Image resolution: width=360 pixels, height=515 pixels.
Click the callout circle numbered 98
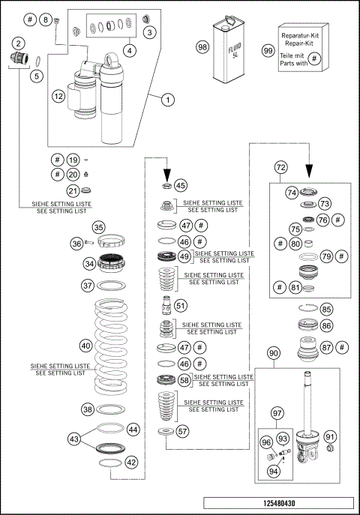pos(202,47)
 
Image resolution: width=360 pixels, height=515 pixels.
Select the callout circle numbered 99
pos(268,50)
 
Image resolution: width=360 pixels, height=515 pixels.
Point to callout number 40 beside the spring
pos(86,346)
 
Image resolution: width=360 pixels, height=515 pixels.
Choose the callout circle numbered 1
pos(168,98)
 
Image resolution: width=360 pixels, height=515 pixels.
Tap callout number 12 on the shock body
pos(58,96)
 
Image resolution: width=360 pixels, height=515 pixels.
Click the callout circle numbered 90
pos(274,353)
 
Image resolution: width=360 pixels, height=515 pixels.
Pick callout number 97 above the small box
pos(277,413)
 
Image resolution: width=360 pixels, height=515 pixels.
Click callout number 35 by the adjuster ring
pos(98,228)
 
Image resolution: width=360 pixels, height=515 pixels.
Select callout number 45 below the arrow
pos(180,185)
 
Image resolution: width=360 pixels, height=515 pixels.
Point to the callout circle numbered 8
pos(44,19)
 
